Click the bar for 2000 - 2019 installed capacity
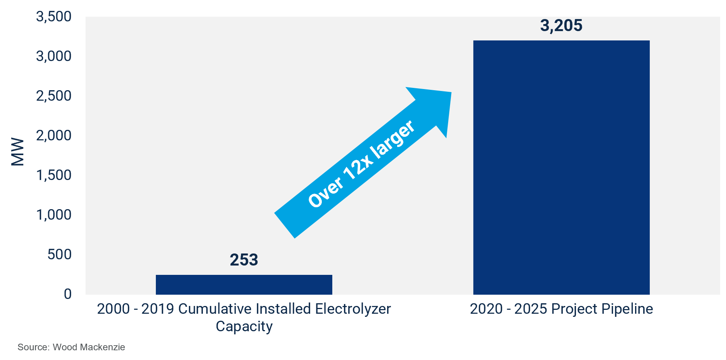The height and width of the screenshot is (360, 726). [244, 285]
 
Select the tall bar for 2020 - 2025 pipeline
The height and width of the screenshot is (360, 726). [561, 167]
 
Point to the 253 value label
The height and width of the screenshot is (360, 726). [244, 260]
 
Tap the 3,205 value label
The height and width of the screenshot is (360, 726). [561, 26]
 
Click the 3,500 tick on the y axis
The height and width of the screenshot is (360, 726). [54, 17]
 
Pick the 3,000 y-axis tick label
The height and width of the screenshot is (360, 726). [54, 56]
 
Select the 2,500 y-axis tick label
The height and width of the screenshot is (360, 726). [54, 96]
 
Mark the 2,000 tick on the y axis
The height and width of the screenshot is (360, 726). [54, 136]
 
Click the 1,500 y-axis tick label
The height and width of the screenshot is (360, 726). [54, 175]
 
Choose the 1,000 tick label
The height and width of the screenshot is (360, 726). [54, 215]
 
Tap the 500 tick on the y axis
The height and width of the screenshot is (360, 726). [59, 255]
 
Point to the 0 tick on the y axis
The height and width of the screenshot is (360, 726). [68, 294]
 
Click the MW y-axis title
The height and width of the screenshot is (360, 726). [17, 152]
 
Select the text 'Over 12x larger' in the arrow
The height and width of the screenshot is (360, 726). [361, 164]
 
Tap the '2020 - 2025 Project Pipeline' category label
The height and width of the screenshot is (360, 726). [561, 309]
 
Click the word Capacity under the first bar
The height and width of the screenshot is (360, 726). [244, 327]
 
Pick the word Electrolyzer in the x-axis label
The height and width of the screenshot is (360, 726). [353, 309]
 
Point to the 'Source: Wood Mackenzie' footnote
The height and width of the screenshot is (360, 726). [71, 347]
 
